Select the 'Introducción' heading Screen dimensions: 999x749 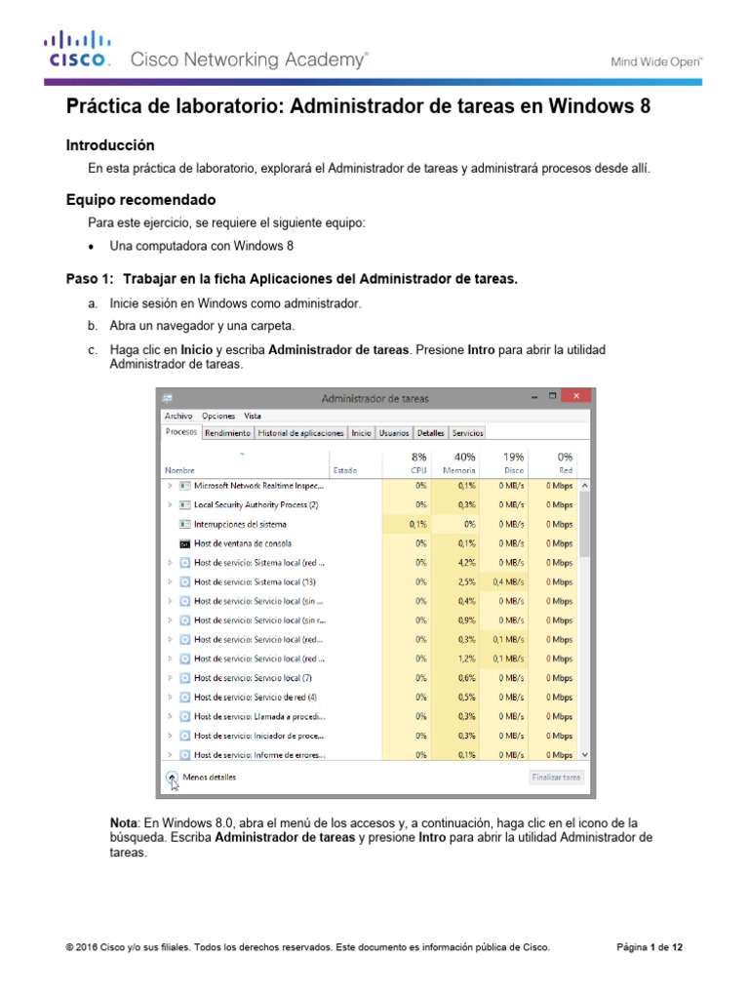110,144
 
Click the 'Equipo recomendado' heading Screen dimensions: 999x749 140,199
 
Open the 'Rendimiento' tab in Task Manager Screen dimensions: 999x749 227,432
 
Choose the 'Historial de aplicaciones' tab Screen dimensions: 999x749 300,432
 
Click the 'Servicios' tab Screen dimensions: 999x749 467,432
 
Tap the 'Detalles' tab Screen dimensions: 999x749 429,432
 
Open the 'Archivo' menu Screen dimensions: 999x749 178,416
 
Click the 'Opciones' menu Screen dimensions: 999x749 218,416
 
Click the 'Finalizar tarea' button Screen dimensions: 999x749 557,778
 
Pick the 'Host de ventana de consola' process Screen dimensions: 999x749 242,543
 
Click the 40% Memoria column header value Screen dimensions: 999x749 464,457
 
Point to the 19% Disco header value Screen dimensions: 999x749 513,457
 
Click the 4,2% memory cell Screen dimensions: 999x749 465,563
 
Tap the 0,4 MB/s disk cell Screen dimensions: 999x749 509,581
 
